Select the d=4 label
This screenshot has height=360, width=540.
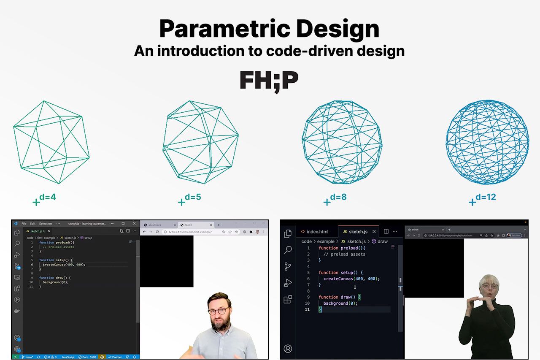coord(48,197)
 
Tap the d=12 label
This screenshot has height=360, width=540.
coord(486,197)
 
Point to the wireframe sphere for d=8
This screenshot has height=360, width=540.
coord(342,142)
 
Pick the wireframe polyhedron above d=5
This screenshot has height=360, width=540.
coord(200,142)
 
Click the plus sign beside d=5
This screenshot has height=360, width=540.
coord(181,202)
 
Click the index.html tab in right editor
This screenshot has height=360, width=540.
coord(317,232)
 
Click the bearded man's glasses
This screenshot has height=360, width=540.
coord(218,311)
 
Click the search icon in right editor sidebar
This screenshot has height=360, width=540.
coord(288,250)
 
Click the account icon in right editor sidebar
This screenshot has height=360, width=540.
coord(288,349)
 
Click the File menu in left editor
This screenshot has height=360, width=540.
coord(24,224)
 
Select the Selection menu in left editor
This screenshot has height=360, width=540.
coord(46,224)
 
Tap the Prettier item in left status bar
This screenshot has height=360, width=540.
coord(115,357)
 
